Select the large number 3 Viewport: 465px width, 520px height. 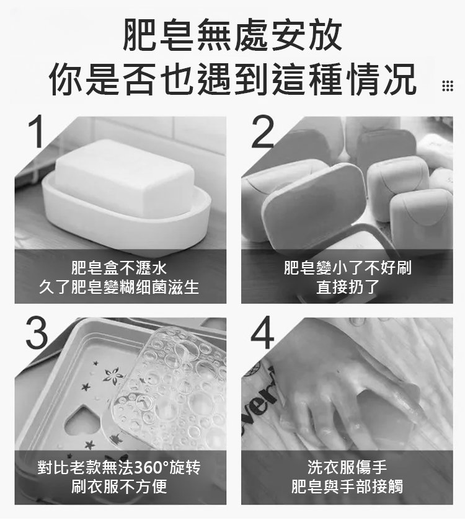[x=37, y=333]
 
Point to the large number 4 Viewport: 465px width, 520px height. [x=263, y=333]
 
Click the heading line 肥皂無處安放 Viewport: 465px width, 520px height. [x=232, y=35]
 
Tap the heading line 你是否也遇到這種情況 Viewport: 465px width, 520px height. [x=232, y=79]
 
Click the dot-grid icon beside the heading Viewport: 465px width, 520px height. [x=448, y=86]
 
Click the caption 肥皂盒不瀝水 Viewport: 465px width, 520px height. [x=119, y=268]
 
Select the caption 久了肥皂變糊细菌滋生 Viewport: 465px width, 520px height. [x=119, y=287]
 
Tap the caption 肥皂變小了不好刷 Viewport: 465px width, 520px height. [x=347, y=268]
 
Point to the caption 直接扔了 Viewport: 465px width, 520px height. [x=347, y=287]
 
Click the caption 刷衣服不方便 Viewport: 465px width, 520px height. [x=119, y=487]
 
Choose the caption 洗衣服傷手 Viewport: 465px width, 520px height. [x=347, y=467]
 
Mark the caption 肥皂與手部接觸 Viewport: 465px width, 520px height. [x=347, y=487]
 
